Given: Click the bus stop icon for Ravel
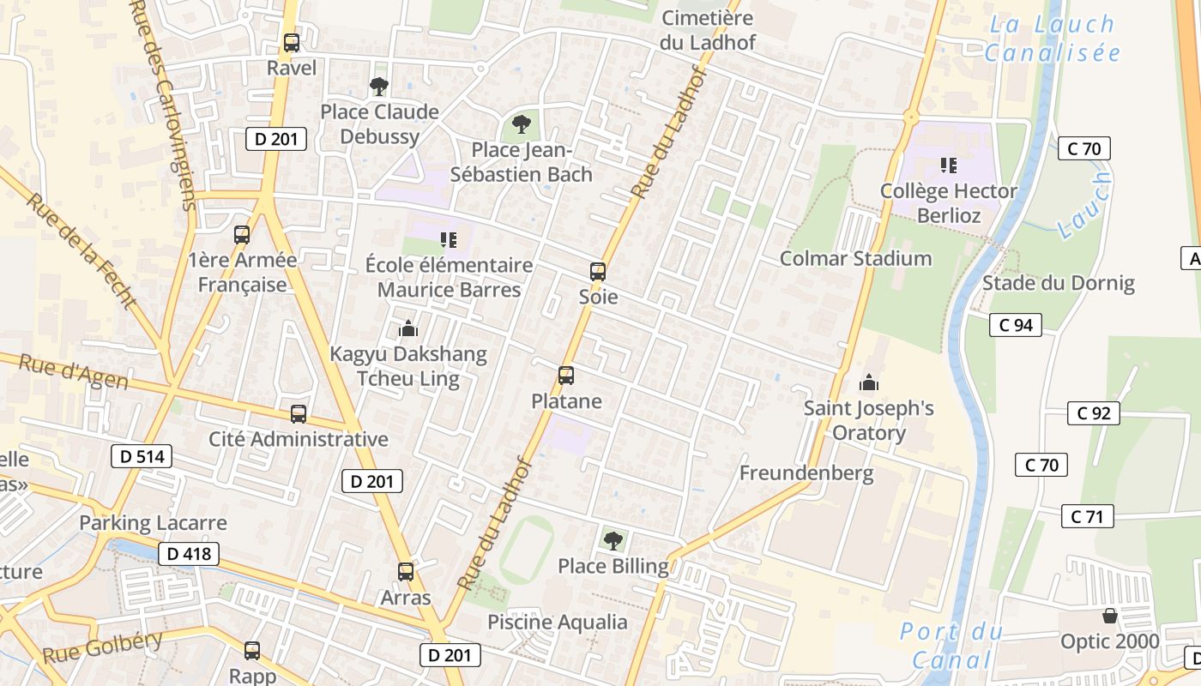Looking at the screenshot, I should click(x=292, y=42).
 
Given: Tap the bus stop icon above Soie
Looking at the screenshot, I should click(x=598, y=272).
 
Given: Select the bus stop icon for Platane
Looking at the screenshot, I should click(x=566, y=375).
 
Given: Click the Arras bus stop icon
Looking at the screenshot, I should click(x=406, y=571).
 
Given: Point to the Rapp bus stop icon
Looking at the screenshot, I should click(x=252, y=650).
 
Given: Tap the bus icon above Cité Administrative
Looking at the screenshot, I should click(x=299, y=413).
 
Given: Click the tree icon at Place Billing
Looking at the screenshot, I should click(x=613, y=540).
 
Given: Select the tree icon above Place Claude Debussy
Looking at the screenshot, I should click(x=378, y=86).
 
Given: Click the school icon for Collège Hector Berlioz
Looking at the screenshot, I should click(x=948, y=165).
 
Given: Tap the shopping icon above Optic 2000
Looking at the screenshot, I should click(x=1110, y=616).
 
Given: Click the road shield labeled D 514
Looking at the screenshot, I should click(x=142, y=456).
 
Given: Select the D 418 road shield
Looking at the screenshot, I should click(x=189, y=554).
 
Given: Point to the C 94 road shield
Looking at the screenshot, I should click(x=1016, y=325).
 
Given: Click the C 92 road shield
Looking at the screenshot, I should click(x=1094, y=413).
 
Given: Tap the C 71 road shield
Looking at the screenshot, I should click(x=1088, y=516).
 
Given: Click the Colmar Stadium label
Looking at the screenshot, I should click(x=855, y=258).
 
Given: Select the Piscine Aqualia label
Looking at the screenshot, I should click(x=558, y=622).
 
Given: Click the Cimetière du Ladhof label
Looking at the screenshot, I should click(x=708, y=29).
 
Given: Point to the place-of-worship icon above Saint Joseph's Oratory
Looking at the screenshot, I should click(x=869, y=382).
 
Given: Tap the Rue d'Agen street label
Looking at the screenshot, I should click(x=73, y=371).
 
